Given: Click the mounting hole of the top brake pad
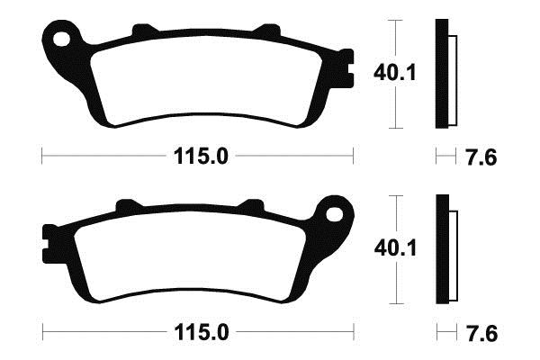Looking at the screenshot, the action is (x=61, y=39).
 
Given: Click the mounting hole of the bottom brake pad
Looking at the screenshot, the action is (x=335, y=214).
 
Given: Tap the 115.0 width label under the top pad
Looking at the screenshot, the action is (x=201, y=157).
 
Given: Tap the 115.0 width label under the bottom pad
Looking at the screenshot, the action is (x=202, y=332).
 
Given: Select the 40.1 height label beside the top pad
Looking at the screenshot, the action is (x=395, y=73).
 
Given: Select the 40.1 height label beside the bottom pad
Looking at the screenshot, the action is (x=395, y=248).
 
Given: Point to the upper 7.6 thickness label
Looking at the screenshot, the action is (x=481, y=157).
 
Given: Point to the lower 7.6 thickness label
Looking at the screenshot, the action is (x=482, y=334).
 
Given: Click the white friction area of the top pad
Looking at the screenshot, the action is (x=207, y=80).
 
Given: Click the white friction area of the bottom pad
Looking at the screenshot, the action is (x=189, y=256).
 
